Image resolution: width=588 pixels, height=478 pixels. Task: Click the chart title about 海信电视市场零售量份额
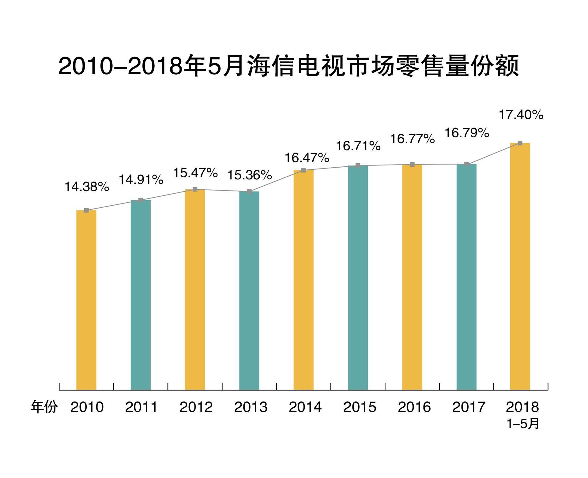(288, 65)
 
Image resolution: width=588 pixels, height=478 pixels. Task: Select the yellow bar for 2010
(86, 300)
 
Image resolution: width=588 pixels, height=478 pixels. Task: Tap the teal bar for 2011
(141, 295)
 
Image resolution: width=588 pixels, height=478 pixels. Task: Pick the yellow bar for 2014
(303, 280)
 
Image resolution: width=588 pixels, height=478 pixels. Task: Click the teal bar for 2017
(466, 277)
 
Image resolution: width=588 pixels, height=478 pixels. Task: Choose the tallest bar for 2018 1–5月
(520, 266)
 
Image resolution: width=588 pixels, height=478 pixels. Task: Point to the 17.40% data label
(521, 115)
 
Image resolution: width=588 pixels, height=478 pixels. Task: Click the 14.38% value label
(87, 187)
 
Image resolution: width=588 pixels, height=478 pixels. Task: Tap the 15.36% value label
(250, 175)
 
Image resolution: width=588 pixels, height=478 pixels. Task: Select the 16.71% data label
(358, 146)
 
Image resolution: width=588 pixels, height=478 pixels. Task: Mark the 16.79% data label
(467, 133)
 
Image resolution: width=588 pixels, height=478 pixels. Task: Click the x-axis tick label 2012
(196, 407)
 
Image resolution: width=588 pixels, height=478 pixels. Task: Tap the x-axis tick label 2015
(360, 407)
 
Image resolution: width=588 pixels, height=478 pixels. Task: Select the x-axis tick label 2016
(414, 407)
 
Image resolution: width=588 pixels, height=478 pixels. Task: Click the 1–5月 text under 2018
(523, 424)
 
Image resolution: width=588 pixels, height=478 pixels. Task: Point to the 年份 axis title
(44, 407)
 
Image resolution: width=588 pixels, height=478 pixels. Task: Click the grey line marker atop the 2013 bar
(249, 191)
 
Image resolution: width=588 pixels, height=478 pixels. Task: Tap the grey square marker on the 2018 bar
(520, 143)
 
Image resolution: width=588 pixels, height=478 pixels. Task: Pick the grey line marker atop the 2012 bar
(195, 189)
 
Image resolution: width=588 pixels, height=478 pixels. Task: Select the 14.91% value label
(141, 180)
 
